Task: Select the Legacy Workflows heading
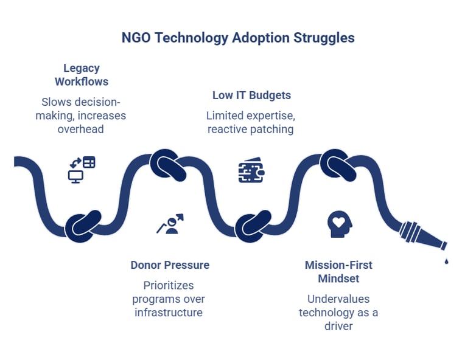(x=82, y=75)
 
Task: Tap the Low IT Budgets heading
(x=251, y=95)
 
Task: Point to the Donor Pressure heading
(x=170, y=265)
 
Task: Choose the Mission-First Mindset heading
(x=338, y=272)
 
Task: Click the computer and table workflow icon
(x=82, y=170)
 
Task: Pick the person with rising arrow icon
(x=170, y=224)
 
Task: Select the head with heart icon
(x=339, y=224)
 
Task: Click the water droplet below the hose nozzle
(x=446, y=261)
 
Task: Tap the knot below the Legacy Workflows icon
(x=83, y=226)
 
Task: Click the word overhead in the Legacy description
(x=81, y=129)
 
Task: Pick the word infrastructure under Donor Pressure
(x=169, y=313)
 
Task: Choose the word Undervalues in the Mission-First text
(x=338, y=299)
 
